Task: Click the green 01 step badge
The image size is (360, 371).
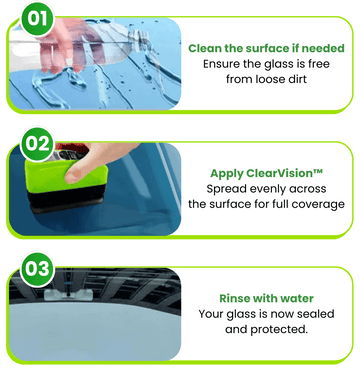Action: click(x=37, y=19)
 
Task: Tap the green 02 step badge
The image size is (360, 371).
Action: click(x=37, y=144)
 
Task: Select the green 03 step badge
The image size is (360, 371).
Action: click(x=37, y=269)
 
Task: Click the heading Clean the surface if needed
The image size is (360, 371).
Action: click(x=266, y=49)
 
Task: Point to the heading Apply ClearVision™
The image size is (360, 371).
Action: click(x=266, y=173)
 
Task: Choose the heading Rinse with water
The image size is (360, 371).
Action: click(x=266, y=298)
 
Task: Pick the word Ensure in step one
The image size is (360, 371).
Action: click(x=220, y=64)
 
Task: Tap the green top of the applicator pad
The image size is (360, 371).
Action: click(x=67, y=176)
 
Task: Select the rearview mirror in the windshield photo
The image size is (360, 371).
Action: click(x=68, y=294)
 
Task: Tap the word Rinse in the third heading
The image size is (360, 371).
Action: click(x=233, y=298)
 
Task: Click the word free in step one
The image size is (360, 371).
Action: click(x=318, y=64)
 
